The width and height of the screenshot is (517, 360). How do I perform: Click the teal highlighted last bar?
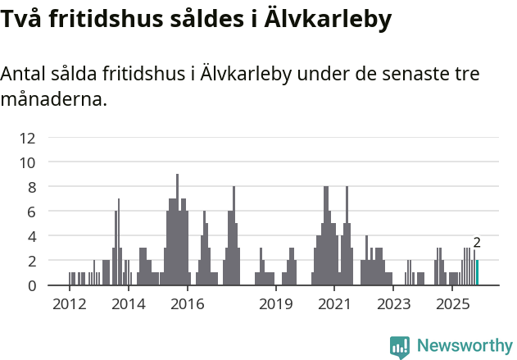[477, 273]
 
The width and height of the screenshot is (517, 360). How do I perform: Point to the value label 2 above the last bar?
[477, 243]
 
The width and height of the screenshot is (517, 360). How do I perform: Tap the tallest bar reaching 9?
[177, 230]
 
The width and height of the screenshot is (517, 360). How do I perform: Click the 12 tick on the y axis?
[29, 138]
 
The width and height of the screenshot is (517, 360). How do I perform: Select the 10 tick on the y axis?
[29, 162]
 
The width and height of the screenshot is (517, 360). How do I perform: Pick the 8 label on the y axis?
[32, 187]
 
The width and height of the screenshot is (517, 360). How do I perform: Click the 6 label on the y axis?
[32, 212]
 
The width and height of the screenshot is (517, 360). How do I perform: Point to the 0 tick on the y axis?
[32, 285]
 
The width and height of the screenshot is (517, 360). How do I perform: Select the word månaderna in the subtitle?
[53, 101]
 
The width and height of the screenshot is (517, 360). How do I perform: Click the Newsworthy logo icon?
[400, 346]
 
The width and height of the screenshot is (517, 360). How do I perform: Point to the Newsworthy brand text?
[465, 346]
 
